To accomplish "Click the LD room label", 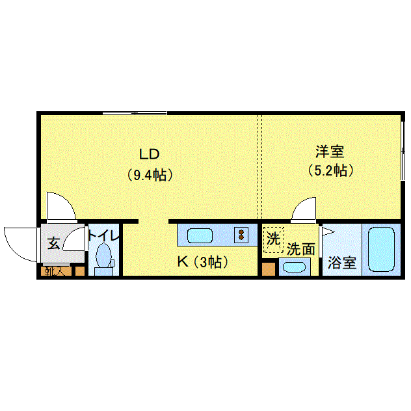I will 150,154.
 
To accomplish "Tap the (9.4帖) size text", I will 150,174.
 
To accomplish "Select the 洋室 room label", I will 330,152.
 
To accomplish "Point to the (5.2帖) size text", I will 330,171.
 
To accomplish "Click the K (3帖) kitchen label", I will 202,262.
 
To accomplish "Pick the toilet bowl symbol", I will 103,256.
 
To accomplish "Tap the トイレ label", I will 104,236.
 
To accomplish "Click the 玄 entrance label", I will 53,243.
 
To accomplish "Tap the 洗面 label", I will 301,248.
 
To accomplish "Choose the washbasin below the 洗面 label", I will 295,267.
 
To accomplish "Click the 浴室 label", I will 341,263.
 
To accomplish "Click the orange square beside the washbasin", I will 267,269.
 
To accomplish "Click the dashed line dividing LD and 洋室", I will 261,166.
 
